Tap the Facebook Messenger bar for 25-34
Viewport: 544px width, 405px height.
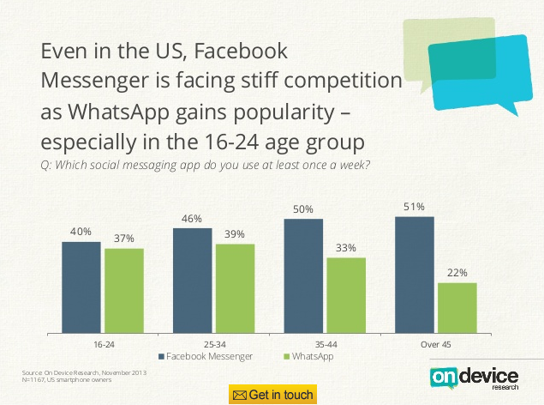pyautogui.click(x=192, y=280)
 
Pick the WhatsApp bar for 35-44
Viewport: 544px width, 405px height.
pyautogui.click(x=346, y=294)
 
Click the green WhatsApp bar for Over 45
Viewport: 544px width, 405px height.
pyautogui.click(x=457, y=307)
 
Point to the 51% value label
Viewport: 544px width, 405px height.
pyautogui.click(x=414, y=207)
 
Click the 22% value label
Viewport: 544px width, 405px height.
pyautogui.click(x=457, y=273)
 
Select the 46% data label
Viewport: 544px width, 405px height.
pyautogui.click(x=192, y=219)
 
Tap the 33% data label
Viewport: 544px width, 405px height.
pyautogui.click(x=346, y=248)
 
